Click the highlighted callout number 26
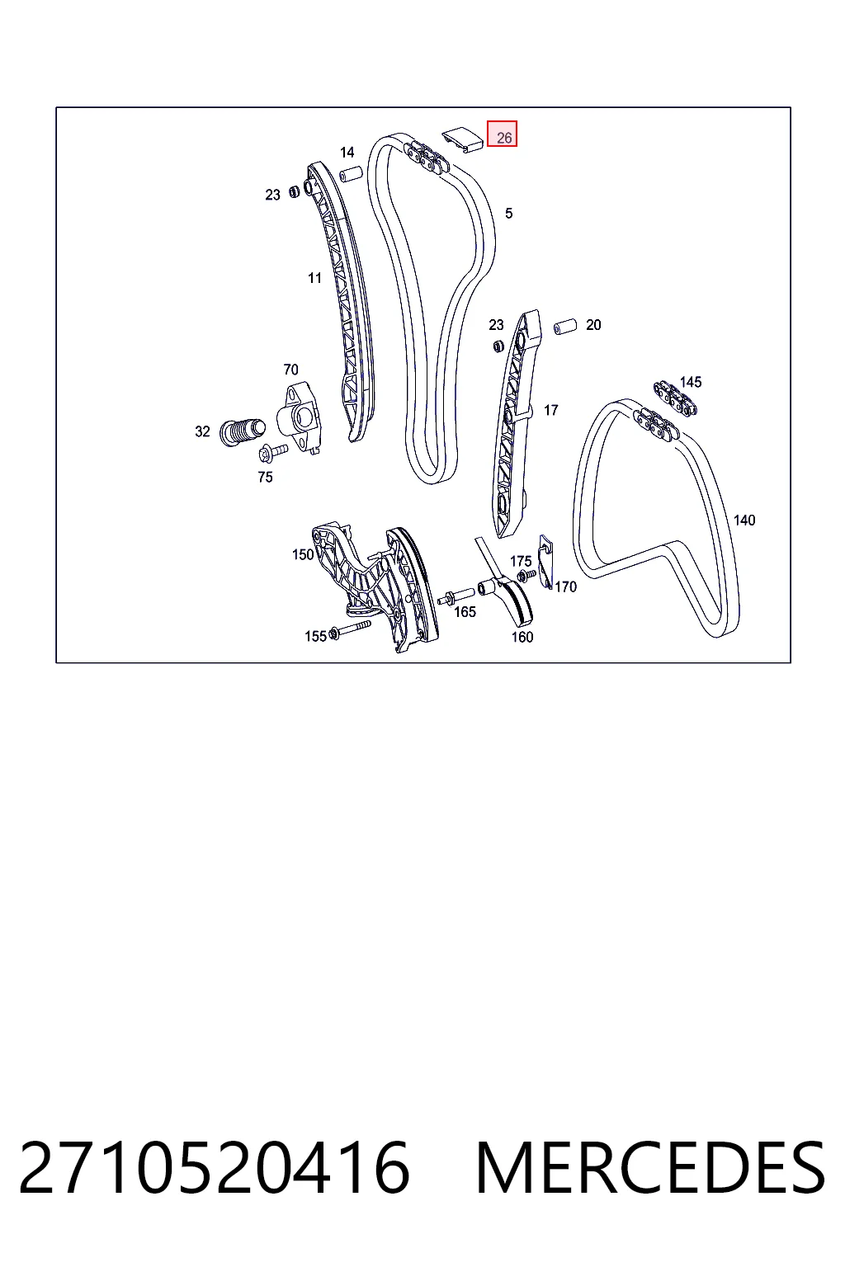tap(503, 137)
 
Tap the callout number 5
tap(509, 214)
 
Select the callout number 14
tap(347, 152)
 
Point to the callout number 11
tap(314, 278)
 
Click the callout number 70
tap(290, 370)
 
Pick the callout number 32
tap(202, 431)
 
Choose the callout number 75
tap(265, 477)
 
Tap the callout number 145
tap(691, 382)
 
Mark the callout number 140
tap(744, 520)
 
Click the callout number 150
tap(303, 554)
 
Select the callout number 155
tap(315, 636)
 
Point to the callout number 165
tap(465, 611)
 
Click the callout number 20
tap(593, 325)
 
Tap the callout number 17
tap(550, 410)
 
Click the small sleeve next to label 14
tap(351, 174)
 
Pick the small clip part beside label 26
tap(462, 139)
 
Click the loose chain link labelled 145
tap(675, 400)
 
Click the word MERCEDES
tap(651, 1168)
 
